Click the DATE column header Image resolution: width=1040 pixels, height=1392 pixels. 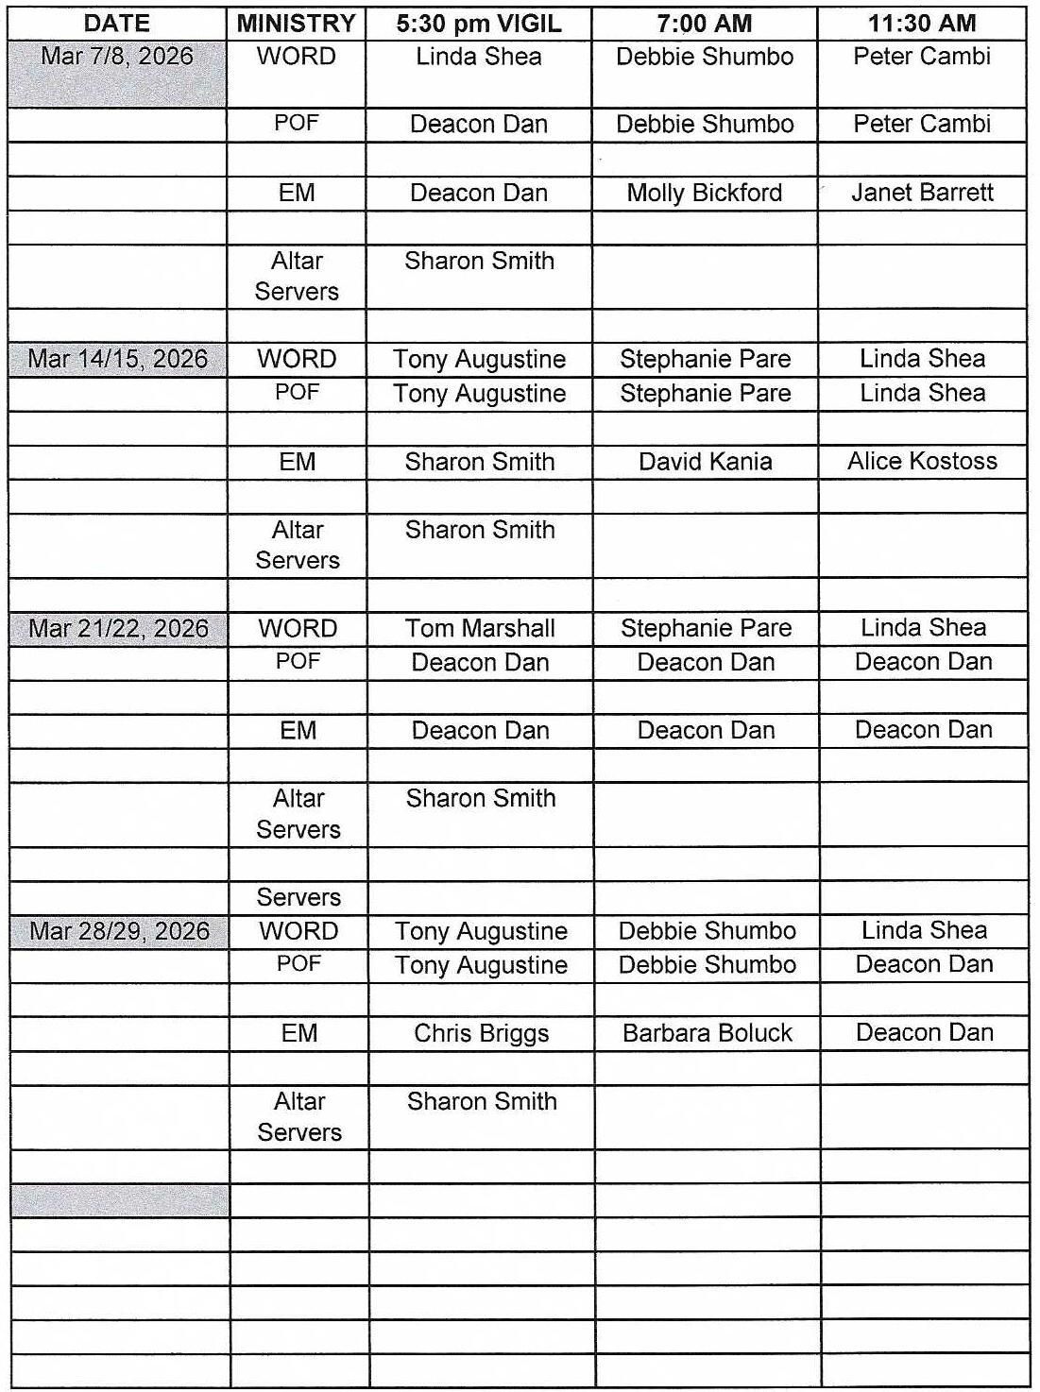click(117, 24)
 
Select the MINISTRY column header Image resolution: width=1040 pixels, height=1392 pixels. click(296, 24)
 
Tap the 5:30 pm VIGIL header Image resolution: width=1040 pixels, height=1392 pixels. click(479, 24)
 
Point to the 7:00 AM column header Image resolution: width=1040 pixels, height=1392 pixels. click(705, 24)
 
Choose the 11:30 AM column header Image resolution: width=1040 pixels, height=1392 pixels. click(922, 24)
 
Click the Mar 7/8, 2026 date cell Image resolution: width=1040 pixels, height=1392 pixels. click(117, 57)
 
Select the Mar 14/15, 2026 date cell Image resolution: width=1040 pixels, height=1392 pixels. click(118, 360)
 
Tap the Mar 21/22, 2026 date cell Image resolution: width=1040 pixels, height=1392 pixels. click(119, 629)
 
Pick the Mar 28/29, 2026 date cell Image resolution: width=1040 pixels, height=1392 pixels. click(120, 931)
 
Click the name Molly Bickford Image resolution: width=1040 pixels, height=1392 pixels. click(705, 194)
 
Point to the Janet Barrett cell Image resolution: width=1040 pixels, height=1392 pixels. click(922, 194)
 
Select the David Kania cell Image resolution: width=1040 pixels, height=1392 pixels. click(706, 462)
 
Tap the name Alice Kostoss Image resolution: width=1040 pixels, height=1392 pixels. click(923, 462)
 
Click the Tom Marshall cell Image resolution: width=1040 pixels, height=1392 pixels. click(480, 629)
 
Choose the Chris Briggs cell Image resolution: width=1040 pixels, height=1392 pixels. click(482, 1033)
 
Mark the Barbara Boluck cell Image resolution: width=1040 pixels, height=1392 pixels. click(708, 1033)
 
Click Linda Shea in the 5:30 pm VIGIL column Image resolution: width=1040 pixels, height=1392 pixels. click(479, 58)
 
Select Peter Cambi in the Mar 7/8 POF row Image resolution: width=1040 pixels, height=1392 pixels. click(922, 125)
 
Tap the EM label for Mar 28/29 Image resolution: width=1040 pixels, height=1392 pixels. click(299, 1033)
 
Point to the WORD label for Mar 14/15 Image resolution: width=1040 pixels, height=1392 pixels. click(297, 360)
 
